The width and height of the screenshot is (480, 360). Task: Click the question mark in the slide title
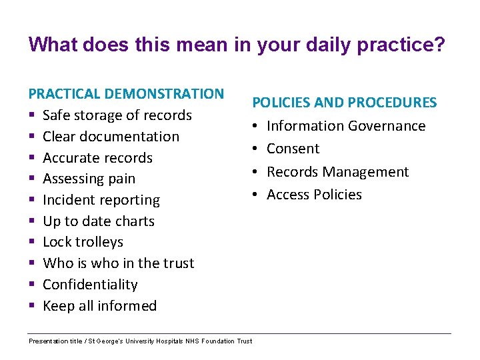point(440,45)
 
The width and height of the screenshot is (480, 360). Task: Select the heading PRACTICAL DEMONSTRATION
point(126,94)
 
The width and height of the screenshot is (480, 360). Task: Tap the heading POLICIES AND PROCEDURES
point(344,103)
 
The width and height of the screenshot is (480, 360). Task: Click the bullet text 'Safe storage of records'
point(117,115)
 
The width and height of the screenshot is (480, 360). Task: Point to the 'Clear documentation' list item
point(111,137)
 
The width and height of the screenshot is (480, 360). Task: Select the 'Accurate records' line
point(97,158)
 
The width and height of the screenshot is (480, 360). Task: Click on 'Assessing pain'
point(89,179)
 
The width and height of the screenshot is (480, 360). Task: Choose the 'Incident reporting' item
point(101,200)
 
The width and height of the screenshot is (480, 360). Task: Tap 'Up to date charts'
point(98,221)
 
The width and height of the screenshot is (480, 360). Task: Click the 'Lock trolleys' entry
point(83,242)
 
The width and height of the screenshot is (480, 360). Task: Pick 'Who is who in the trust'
point(118,263)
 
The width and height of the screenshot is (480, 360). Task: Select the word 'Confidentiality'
point(90,285)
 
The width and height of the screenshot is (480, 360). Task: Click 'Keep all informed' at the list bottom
point(99,306)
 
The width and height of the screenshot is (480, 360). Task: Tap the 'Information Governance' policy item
point(346,126)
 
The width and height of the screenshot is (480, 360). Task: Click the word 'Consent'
point(293,149)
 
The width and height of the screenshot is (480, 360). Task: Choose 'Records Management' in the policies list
point(337,172)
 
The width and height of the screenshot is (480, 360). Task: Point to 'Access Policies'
point(314,195)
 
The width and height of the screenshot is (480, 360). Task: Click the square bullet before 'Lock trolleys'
point(31,243)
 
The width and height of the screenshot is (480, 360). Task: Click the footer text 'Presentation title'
point(55,341)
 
